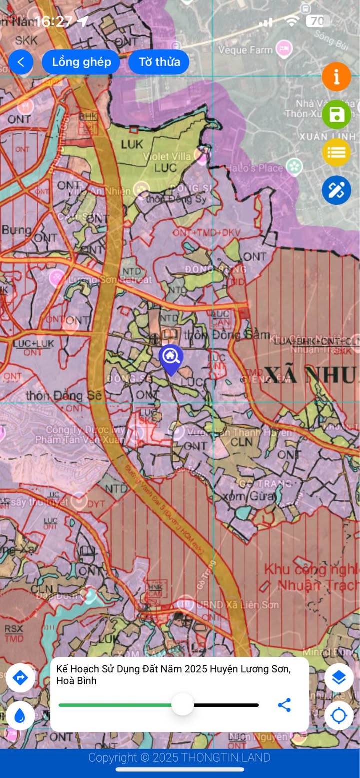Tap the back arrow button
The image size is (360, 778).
point(21,62)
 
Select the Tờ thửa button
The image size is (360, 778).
point(159,62)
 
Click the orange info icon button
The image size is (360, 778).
point(336,77)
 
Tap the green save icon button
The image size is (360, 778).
point(336,115)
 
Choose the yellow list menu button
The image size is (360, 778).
point(336,152)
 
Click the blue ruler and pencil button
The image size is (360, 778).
point(336,190)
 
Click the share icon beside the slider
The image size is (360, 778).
point(284,705)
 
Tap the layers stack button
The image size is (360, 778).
point(339,678)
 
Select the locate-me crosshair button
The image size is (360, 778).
point(339,716)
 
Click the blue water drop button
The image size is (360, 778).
point(20,716)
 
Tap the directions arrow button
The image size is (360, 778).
point(20,678)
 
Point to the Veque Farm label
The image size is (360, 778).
point(246,50)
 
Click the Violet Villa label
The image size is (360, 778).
point(167,156)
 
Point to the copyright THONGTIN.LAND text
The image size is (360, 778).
point(179,757)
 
